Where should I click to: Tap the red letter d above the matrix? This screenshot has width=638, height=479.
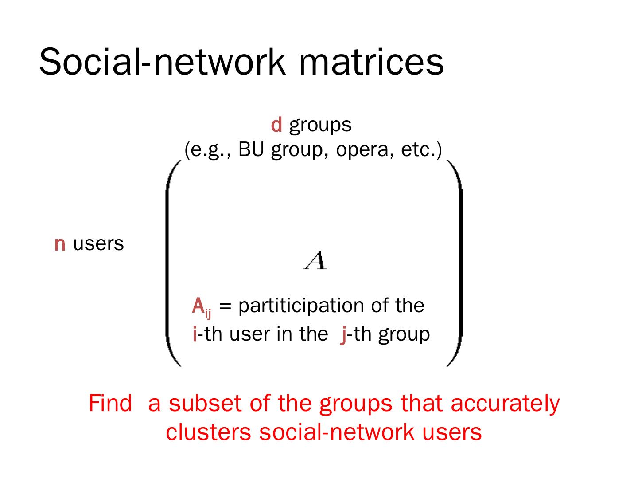tap(276, 125)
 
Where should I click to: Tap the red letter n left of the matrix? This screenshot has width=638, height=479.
tap(60, 244)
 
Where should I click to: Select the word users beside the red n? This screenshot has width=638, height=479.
tap(98, 244)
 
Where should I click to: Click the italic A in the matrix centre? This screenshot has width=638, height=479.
tap(315, 260)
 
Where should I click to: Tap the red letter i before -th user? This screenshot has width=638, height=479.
tap(195, 334)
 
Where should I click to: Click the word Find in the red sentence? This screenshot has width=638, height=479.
tap(110, 403)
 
